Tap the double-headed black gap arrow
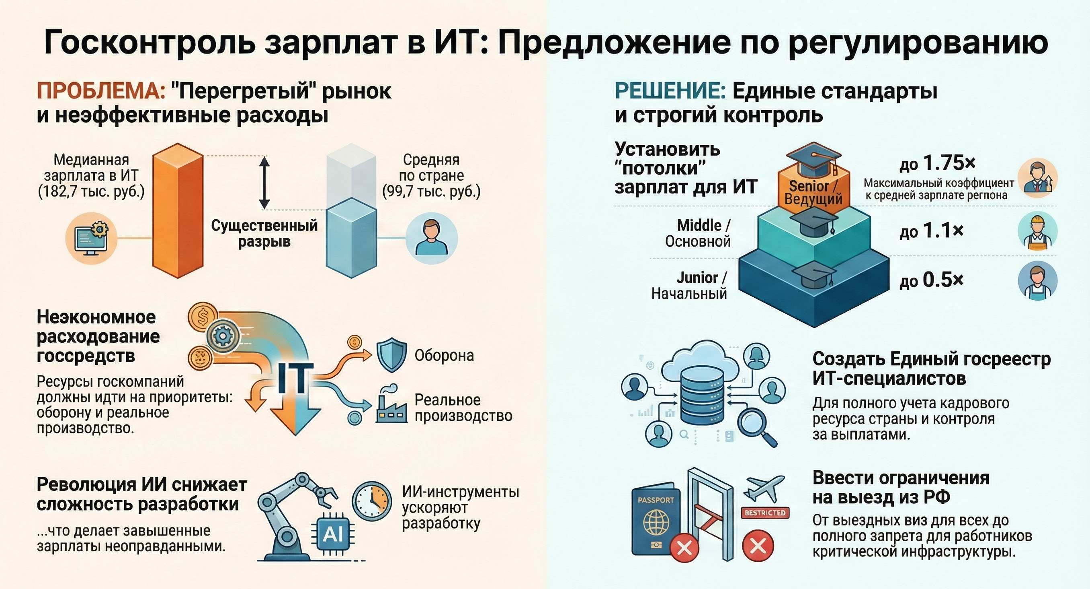click(x=264, y=183)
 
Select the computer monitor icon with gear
click(x=90, y=238)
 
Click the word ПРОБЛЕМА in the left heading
click(x=101, y=91)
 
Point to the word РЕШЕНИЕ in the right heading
click(x=670, y=91)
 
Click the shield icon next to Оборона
click(x=392, y=355)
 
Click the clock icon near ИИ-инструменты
click(x=371, y=501)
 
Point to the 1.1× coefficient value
click(x=943, y=231)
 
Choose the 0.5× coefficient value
click(x=943, y=280)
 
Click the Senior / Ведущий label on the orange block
click(x=813, y=192)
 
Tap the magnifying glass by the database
click(x=756, y=427)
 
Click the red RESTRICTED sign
click(x=765, y=513)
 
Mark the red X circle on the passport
click(x=684, y=548)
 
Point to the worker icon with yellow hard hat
click(x=1037, y=231)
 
